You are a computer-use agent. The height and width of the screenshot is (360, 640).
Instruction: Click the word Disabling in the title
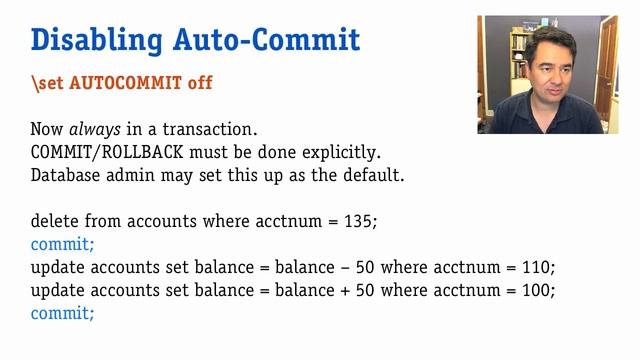[83, 40]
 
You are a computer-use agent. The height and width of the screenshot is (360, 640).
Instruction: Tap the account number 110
[537, 267]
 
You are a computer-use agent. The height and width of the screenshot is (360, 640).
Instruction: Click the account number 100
[537, 290]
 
